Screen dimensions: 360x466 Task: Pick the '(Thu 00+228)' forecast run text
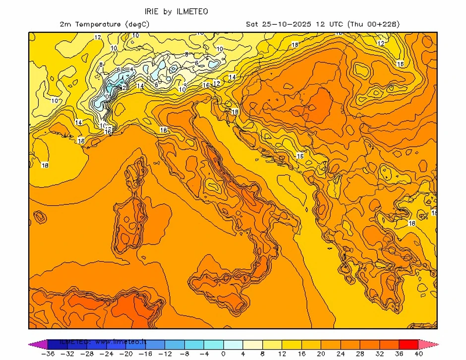374,24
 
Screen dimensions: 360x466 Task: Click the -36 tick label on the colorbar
48,354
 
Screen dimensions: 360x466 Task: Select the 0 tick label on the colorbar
224,354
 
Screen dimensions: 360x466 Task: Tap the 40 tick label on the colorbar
418,354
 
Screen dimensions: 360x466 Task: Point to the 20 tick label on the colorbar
321,354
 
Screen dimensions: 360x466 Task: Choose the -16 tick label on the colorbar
146,354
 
